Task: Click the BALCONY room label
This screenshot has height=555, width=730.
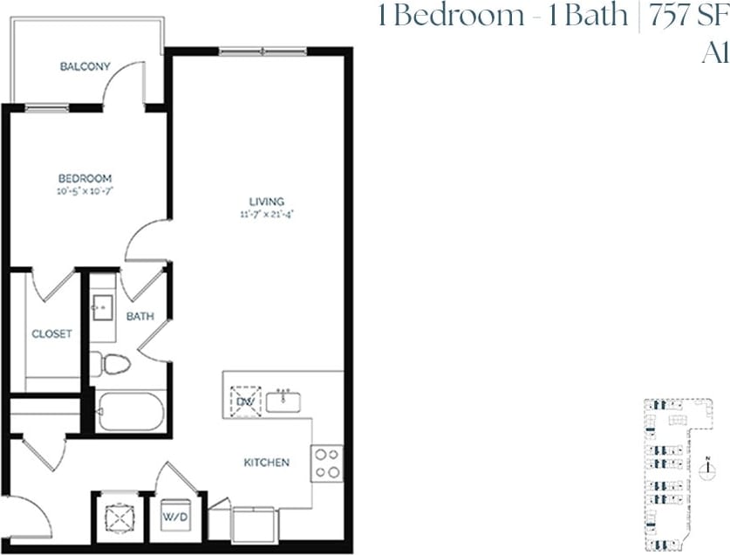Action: pyautogui.click(x=85, y=66)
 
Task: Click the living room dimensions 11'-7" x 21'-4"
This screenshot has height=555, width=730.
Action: pyautogui.click(x=265, y=214)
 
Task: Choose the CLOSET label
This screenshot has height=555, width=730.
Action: pyautogui.click(x=51, y=333)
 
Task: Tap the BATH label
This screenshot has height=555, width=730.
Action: pyautogui.click(x=140, y=316)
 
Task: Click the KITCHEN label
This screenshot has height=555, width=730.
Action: pyautogui.click(x=266, y=462)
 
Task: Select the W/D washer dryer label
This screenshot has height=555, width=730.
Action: pyautogui.click(x=177, y=517)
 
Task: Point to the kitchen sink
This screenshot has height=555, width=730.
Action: pyautogui.click(x=283, y=401)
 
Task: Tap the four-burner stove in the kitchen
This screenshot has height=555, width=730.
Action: pyautogui.click(x=328, y=462)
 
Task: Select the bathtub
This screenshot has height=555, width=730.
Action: pyautogui.click(x=130, y=411)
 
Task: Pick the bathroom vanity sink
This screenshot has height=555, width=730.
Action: pyautogui.click(x=101, y=307)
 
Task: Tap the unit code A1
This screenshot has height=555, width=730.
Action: pyautogui.click(x=715, y=53)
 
